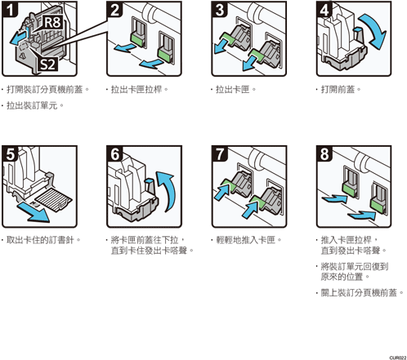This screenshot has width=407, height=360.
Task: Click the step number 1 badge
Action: pyautogui.click(x=10, y=9)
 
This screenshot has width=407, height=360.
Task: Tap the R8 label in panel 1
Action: pyautogui.click(x=52, y=22)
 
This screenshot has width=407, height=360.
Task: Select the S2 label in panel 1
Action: pyautogui.click(x=47, y=64)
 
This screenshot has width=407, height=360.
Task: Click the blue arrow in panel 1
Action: pyautogui.click(x=19, y=38)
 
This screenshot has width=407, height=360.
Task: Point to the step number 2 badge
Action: pyautogui.click(x=114, y=9)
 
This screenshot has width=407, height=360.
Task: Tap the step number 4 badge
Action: pyautogui.click(x=324, y=9)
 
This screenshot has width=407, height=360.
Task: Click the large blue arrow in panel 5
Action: pyautogui.click(x=34, y=212)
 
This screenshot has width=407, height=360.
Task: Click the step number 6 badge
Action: pyautogui.click(x=114, y=153)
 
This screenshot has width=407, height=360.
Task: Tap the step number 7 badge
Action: pyautogui.click(x=220, y=153)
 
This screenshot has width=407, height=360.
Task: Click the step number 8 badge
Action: pyautogui.click(x=324, y=153)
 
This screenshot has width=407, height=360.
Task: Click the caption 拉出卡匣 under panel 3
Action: pyautogui.click(x=233, y=89)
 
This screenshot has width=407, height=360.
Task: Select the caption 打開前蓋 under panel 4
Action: pyautogui.click(x=338, y=89)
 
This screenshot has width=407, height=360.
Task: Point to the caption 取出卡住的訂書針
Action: pyautogui.click(x=40, y=240)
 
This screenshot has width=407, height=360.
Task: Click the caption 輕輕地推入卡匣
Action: pyautogui.click(x=245, y=240)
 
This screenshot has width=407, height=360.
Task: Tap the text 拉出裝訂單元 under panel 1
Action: pyautogui.click(x=32, y=105)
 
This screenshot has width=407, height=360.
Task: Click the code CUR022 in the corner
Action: pyautogui.click(x=398, y=358)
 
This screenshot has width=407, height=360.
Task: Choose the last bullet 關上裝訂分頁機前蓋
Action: pyautogui.click(x=359, y=293)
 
